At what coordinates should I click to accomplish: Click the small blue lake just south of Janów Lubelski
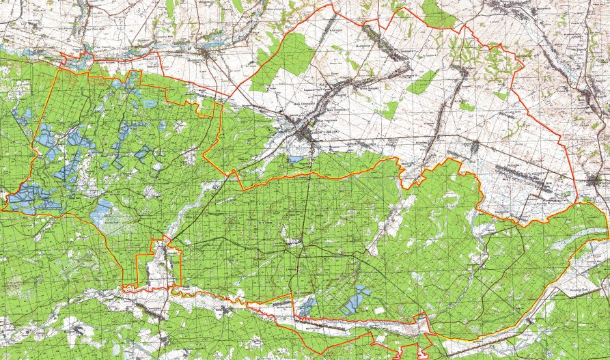(x=296, y=159)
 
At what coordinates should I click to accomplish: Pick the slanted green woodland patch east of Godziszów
(x=421, y=81)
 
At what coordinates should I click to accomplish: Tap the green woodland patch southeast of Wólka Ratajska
(x=389, y=109)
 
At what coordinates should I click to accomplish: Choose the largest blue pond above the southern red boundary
(x=355, y=300)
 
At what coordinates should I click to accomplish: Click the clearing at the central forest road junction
(x=294, y=242)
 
